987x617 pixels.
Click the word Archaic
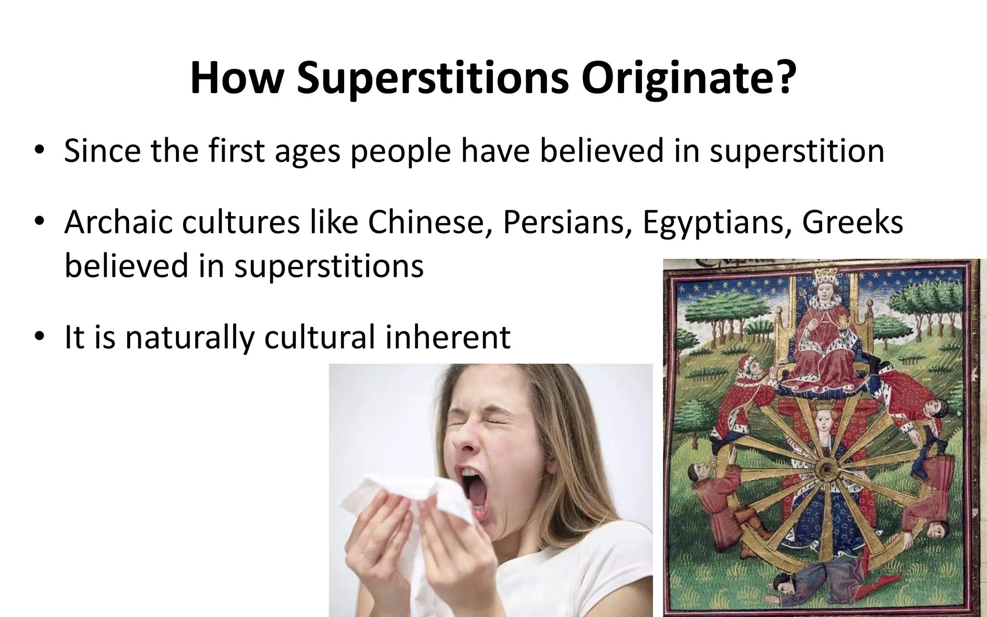click(118, 223)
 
